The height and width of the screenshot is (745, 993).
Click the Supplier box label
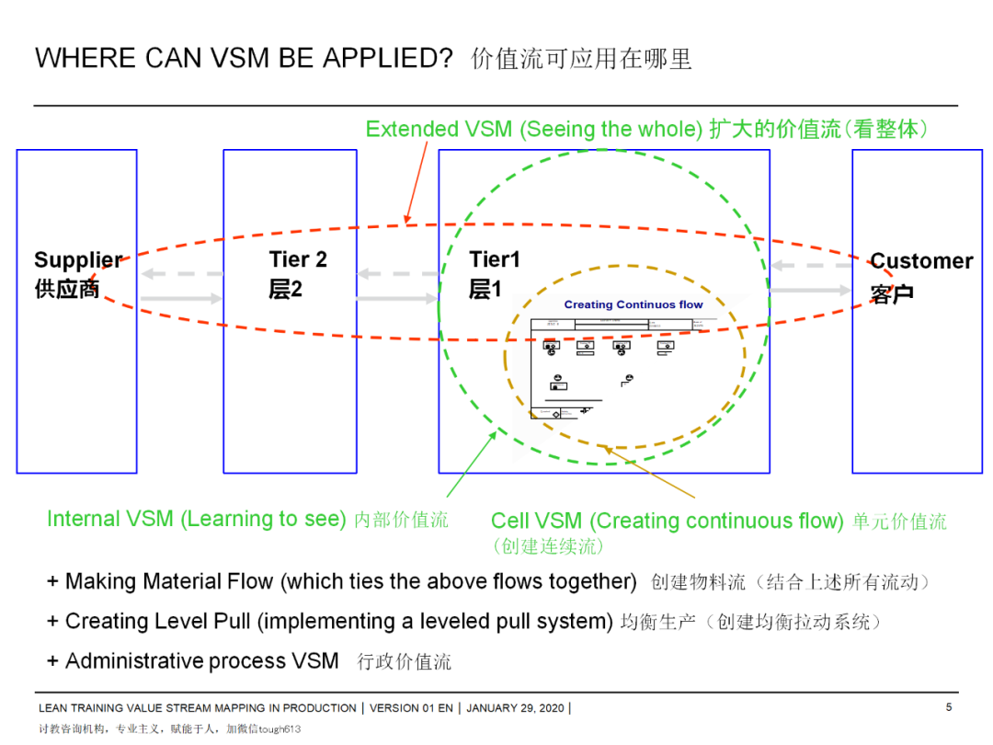tap(78, 260)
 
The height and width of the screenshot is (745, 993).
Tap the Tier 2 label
tap(298, 260)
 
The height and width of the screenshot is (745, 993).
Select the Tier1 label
tap(495, 260)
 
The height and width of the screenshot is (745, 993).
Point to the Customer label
tap(921, 261)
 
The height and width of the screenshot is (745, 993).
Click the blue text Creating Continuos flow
tap(633, 304)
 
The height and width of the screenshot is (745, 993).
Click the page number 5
tap(949, 707)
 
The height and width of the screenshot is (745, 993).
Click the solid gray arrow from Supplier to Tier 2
tap(182, 298)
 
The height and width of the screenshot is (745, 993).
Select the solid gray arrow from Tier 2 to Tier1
tap(397, 298)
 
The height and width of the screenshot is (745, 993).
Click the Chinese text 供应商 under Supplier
tap(67, 290)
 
